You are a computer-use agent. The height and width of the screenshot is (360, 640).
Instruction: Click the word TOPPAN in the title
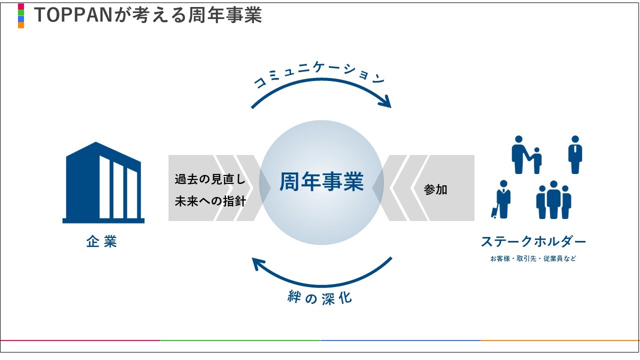74,15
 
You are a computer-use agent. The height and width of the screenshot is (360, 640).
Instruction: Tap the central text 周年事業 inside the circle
321,182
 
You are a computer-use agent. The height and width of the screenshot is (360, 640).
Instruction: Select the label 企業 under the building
101,242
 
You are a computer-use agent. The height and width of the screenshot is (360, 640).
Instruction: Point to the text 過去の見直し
210,179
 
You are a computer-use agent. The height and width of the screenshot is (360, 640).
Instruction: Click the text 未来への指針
210,201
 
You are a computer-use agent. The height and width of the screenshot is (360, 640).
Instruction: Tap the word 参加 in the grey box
435,189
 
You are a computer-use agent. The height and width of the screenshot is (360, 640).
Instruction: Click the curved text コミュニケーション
320,75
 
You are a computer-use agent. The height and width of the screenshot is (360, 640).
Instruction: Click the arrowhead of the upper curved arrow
385,102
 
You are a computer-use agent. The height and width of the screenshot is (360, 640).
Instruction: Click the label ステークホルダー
533,242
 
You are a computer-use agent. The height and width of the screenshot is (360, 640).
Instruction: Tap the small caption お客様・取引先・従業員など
533,259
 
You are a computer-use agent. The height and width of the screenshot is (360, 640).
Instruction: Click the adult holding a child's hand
519,154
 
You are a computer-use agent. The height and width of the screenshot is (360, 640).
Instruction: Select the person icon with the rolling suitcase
501,199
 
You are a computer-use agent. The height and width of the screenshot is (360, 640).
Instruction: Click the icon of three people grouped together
553,199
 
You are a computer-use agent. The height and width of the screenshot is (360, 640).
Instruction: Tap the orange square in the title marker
21,25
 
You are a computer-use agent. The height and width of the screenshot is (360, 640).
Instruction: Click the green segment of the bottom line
240,340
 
